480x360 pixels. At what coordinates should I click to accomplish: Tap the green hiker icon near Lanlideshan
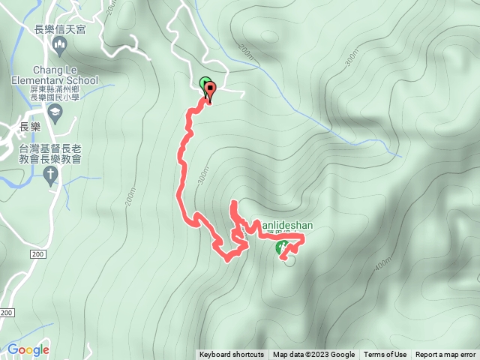[282, 247]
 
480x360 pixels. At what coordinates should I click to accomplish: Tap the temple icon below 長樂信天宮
[60, 47]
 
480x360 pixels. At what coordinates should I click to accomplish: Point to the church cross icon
[50, 176]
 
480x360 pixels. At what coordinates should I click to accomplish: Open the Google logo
[28, 349]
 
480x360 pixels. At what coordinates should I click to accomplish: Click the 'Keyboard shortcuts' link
[231, 355]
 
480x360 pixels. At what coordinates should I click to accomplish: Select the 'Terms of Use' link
[385, 355]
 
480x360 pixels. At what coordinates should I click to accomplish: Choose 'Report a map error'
[445, 355]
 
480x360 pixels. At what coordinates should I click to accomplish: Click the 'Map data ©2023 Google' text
[313, 355]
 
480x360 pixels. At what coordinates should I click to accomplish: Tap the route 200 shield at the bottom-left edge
[7, 312]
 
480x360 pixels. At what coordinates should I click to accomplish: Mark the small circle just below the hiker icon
[290, 261]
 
